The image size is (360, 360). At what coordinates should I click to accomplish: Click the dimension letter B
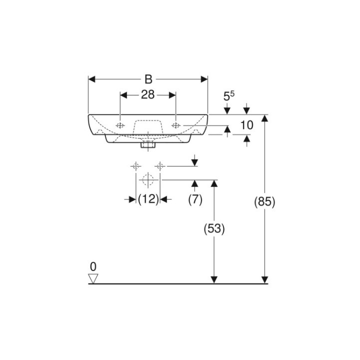pos(148,79)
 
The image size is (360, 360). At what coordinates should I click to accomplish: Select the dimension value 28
pos(147,95)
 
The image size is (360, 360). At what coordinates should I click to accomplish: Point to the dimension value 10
pos(246,125)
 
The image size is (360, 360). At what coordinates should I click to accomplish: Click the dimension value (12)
pos(148,199)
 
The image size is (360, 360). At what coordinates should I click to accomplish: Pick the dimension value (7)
pos(195,199)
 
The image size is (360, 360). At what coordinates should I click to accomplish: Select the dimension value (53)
pos(214,228)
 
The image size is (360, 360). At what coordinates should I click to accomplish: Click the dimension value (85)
pos(265,202)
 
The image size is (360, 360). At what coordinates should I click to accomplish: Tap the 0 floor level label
pos(92,266)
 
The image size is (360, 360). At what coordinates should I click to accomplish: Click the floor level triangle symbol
pos(92,278)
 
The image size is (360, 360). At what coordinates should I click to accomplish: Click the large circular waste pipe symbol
pos(148,179)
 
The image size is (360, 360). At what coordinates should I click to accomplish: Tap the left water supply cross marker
pos(135,166)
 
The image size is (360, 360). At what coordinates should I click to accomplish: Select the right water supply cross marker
pos(160,166)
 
